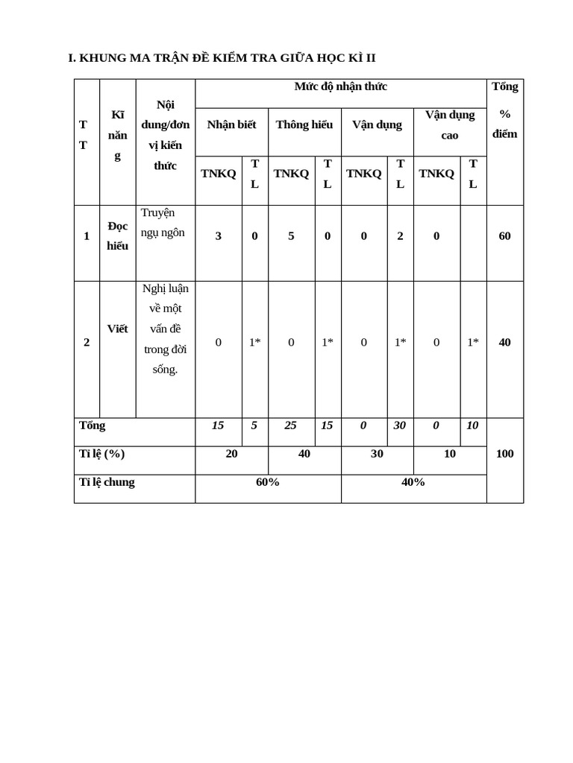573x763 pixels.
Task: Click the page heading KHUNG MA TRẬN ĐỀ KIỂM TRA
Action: click(222, 58)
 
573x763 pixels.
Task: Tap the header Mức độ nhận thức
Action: click(340, 86)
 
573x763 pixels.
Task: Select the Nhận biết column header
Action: click(231, 124)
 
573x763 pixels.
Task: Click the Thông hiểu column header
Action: click(304, 124)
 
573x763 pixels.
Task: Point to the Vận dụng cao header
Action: click(450, 124)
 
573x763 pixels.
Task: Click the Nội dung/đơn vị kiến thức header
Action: click(165, 135)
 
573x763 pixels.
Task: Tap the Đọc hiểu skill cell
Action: click(117, 235)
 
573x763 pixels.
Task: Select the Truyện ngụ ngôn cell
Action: click(163, 222)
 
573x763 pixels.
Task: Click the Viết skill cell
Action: click(117, 329)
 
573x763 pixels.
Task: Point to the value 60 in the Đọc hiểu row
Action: click(505, 236)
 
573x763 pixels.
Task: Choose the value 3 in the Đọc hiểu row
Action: click(218, 236)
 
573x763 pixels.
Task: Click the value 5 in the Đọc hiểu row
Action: click(291, 236)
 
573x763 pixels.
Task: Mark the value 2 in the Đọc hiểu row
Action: click(400, 236)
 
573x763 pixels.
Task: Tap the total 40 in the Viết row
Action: click(505, 342)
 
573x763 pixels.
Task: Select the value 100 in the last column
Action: click(505, 454)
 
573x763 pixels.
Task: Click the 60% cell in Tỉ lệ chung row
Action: click(268, 482)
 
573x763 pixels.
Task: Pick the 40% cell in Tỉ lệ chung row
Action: click(413, 482)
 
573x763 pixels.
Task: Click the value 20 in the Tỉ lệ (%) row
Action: click(231, 454)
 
